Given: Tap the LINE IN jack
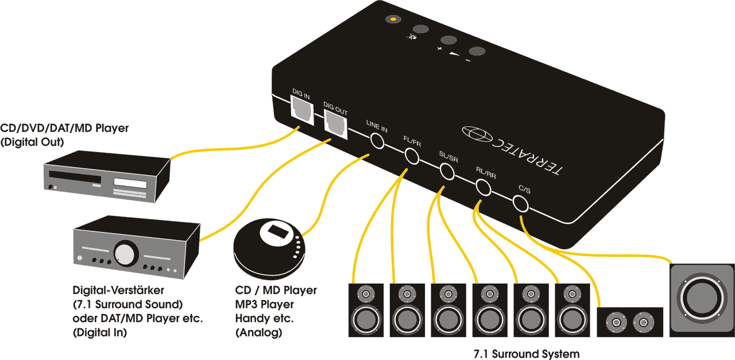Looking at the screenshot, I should [x=377, y=140].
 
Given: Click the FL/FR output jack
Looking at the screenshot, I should [x=412, y=156].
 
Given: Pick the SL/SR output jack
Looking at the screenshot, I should [x=447, y=171].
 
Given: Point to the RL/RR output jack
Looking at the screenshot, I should [x=483, y=187].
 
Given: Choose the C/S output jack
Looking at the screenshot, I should [x=520, y=203].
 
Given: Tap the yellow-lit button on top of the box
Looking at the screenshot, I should [x=392, y=19].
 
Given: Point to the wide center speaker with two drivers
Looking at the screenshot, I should [x=630, y=322].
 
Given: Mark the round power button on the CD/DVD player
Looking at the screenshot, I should [x=52, y=187].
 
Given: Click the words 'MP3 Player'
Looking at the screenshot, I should [x=265, y=304].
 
